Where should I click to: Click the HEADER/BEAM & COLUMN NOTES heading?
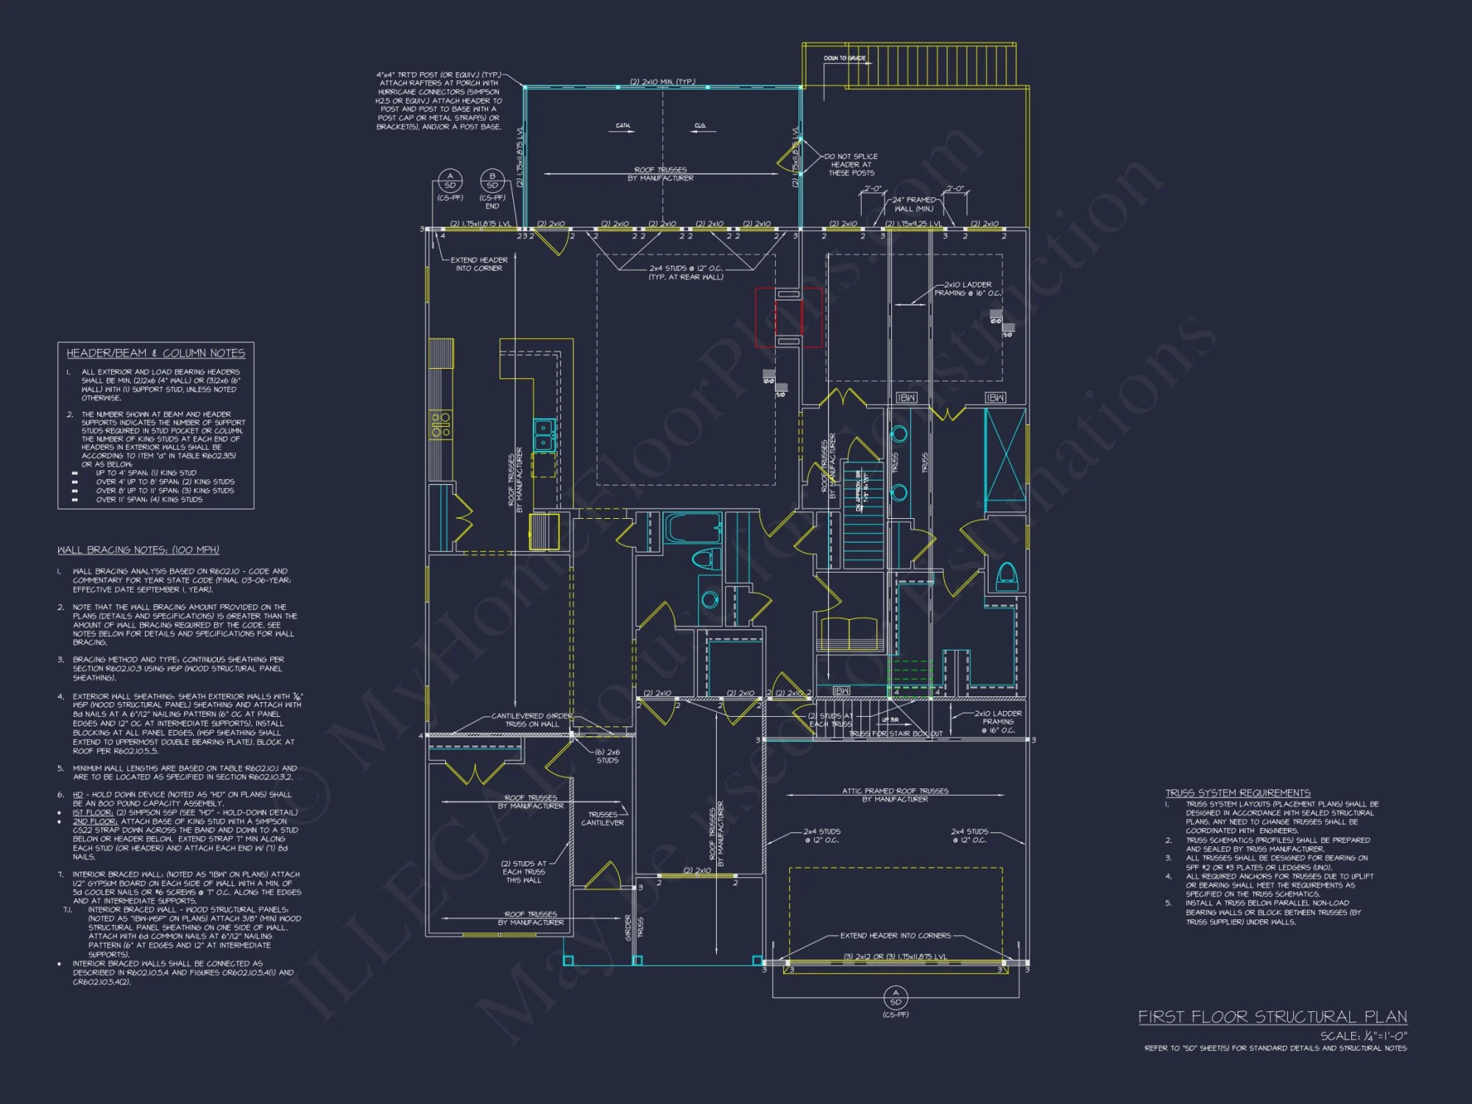pyautogui.click(x=156, y=353)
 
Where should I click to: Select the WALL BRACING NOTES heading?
pyautogui.click(x=138, y=550)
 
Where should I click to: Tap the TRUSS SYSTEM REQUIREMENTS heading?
pyautogui.click(x=1238, y=793)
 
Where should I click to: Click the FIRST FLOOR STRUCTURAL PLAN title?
pyautogui.click(x=1273, y=1017)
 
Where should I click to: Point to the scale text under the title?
pyautogui.click(x=1363, y=1036)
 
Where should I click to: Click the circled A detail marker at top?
pyautogui.click(x=450, y=181)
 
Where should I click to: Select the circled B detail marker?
pyautogui.click(x=492, y=181)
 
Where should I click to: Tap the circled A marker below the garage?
pyautogui.click(x=896, y=998)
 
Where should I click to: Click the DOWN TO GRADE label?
pyautogui.click(x=844, y=58)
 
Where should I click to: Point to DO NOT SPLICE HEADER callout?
pyautogui.click(x=852, y=165)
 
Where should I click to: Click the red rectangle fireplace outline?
pyautogui.click(x=788, y=317)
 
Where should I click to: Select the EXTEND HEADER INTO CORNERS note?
pyautogui.click(x=896, y=935)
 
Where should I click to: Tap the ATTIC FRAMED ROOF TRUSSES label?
pyautogui.click(x=895, y=795)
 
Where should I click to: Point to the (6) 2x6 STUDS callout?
pyautogui.click(x=607, y=756)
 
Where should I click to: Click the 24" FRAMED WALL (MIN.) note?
pyautogui.click(x=914, y=204)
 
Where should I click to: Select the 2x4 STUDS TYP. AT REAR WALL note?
pyautogui.click(x=685, y=272)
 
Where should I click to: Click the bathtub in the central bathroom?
pyautogui.click(x=692, y=528)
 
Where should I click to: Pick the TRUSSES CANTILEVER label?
pyautogui.click(x=603, y=818)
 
